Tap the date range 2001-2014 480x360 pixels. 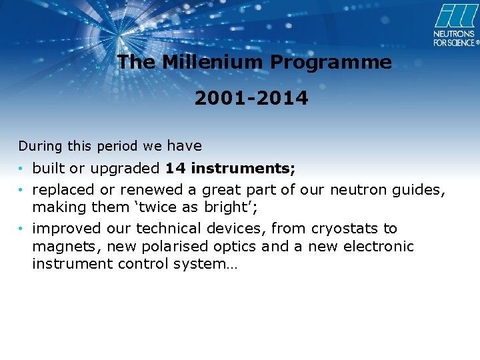click(251, 99)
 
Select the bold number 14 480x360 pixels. click(176, 168)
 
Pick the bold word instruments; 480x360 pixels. click(243, 168)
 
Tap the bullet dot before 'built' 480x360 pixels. click(21, 169)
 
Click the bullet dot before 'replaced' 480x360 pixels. click(21, 191)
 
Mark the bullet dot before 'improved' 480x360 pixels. click(21, 229)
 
